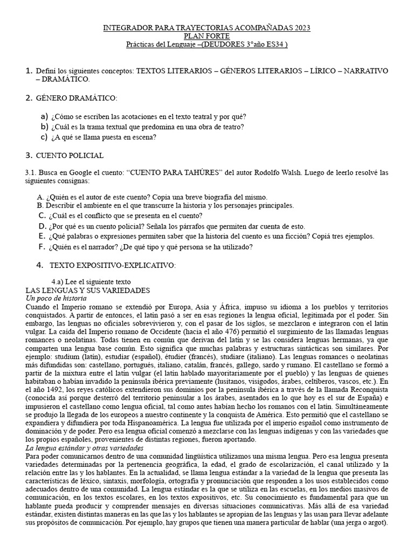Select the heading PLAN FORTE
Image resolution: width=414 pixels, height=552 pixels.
[206, 36]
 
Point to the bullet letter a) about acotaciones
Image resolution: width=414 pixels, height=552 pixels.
[45, 117]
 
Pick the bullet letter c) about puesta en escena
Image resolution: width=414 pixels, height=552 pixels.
[45, 137]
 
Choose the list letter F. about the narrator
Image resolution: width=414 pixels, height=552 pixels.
[42, 246]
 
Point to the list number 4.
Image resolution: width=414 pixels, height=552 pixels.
[39, 265]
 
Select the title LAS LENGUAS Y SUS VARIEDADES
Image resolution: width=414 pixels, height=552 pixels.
[88, 290]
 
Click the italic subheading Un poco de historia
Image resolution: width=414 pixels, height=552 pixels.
[53, 298]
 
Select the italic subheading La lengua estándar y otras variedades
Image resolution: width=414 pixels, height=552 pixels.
[84, 448]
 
